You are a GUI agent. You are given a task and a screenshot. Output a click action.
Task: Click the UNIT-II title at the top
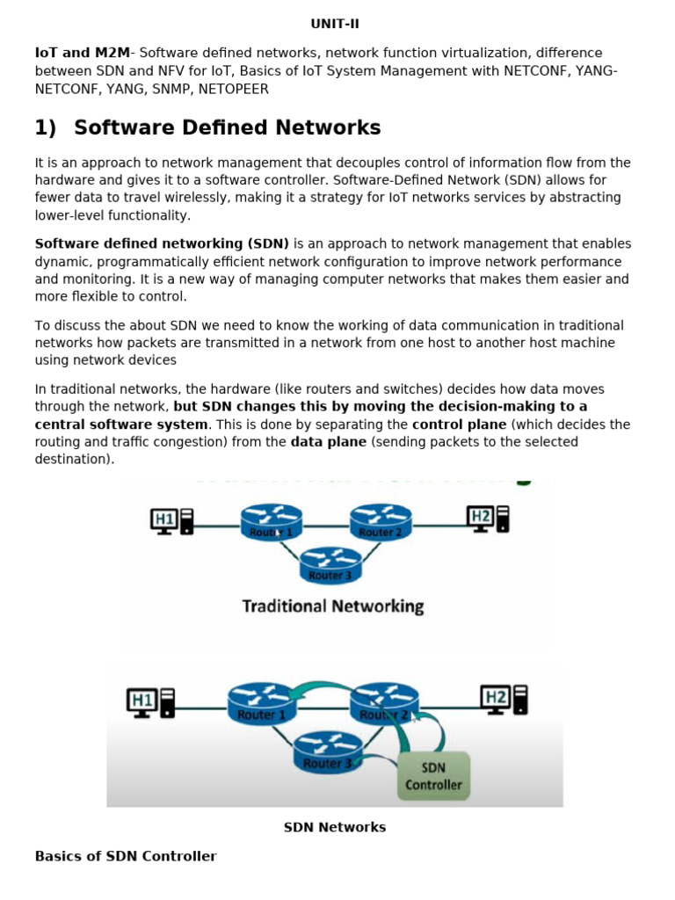coord(335,24)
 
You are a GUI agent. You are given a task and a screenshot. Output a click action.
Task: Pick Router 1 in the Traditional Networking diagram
coord(271,523)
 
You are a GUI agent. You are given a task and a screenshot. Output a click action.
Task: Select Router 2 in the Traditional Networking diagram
coord(381,523)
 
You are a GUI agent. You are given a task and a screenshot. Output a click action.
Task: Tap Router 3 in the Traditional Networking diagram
coord(330,565)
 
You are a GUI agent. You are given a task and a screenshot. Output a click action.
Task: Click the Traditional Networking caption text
coord(332,606)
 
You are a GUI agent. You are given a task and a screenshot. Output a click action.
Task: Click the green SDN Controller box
coord(433,776)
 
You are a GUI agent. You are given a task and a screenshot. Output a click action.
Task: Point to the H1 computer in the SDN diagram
coord(152,703)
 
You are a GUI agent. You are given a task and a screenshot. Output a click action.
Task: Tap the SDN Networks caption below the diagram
coord(335,827)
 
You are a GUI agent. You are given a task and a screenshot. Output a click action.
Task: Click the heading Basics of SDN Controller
coord(126,856)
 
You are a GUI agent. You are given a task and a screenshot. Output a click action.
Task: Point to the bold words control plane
coord(459,425)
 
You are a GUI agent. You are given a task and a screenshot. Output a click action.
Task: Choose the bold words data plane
coord(329,442)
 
